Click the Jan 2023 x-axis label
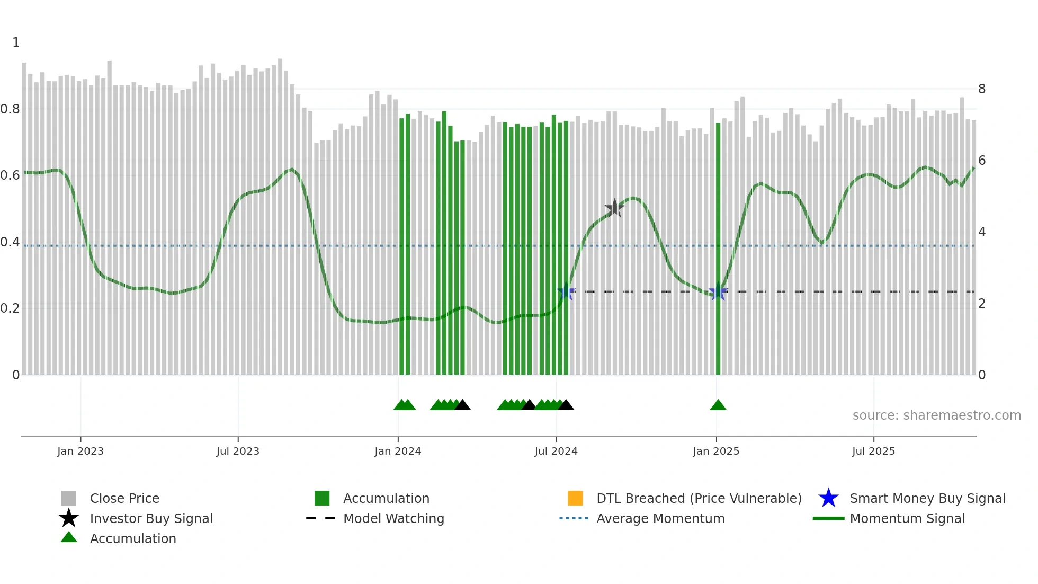pos(80,451)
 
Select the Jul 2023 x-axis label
pos(238,451)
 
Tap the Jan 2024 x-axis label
pos(398,451)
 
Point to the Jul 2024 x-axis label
pos(556,451)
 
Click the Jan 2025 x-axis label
pos(716,451)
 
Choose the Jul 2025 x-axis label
pos(873,451)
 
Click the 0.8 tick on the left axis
pos(11,109)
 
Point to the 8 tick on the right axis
pos(982,89)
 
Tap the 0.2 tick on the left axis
pos(11,308)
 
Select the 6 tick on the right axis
pos(982,161)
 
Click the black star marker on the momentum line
pos(614,208)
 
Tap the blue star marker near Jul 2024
pos(566,291)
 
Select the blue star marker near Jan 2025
pos(718,292)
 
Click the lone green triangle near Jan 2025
pos(718,405)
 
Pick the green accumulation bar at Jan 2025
pos(718,249)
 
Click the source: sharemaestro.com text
pos(936,415)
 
